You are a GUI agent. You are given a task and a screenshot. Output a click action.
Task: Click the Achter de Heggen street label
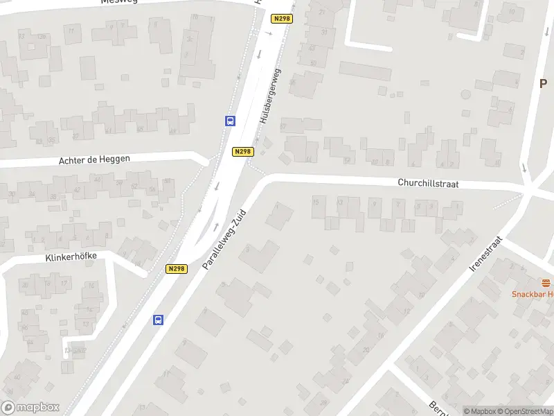click(94, 159)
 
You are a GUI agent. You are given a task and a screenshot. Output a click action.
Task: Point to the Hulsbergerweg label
click(271, 96)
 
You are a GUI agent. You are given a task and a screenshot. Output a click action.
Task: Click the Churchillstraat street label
click(428, 184)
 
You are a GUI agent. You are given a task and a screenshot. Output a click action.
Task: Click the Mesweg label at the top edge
click(119, 2)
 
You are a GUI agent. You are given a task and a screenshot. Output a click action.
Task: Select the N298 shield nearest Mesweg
click(282, 19)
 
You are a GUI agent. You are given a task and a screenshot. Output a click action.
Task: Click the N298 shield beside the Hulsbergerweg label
click(243, 151)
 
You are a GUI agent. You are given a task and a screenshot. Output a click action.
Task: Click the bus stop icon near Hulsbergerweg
click(231, 121)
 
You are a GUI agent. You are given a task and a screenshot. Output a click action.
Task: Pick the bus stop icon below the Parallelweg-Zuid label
click(159, 320)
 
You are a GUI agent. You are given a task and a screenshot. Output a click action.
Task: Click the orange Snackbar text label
click(533, 294)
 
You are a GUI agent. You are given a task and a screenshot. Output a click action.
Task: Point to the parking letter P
click(544, 83)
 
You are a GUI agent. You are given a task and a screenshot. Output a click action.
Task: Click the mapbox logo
click(30, 408)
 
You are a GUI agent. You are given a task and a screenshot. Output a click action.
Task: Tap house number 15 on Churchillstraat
click(316, 202)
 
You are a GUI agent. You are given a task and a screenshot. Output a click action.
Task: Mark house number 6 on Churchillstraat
click(413, 164)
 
